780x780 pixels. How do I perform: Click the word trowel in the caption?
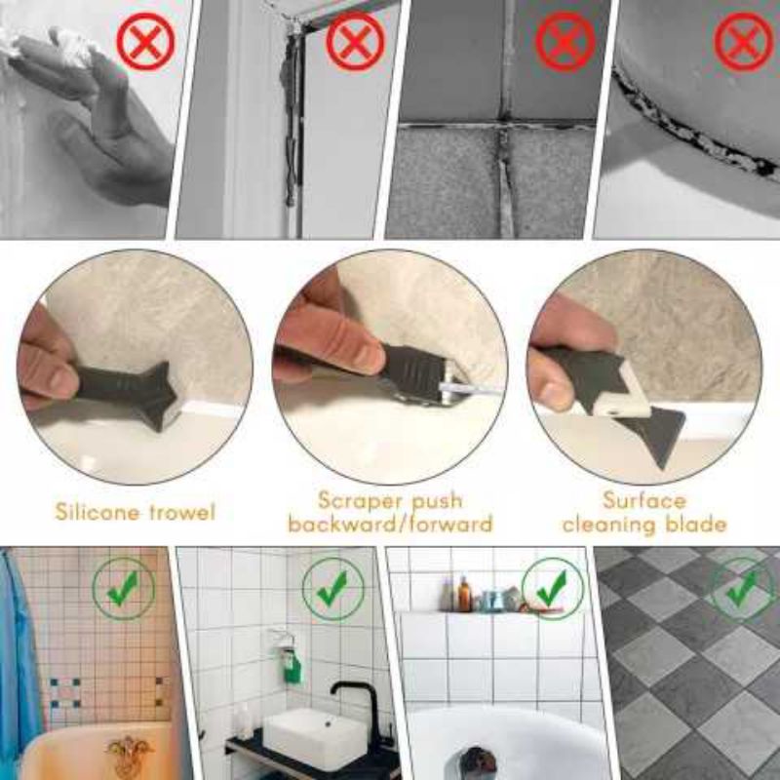[179, 511]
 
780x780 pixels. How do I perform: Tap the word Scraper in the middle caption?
[358, 500]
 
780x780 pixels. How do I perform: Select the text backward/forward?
[391, 524]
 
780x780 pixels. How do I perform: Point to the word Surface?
[644, 500]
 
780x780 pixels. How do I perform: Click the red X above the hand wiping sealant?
[145, 42]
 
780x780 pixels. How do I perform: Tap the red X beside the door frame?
[355, 41]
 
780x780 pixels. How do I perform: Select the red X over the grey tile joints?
[565, 41]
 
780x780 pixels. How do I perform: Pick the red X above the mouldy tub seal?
[744, 41]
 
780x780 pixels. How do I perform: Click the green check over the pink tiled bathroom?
[124, 589]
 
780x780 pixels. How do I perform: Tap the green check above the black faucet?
[333, 589]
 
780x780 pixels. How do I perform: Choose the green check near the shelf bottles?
[552, 589]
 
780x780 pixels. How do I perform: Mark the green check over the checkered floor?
[743, 589]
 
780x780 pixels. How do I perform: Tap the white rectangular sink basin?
[315, 739]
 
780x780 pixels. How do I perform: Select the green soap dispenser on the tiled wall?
[292, 663]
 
